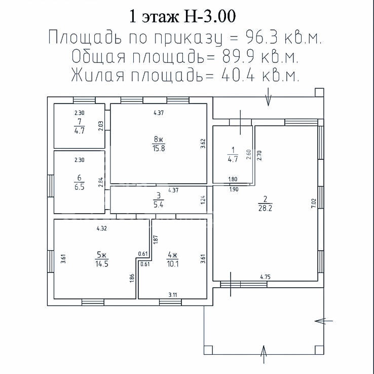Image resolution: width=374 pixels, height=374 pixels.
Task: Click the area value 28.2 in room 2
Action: click(x=265, y=208)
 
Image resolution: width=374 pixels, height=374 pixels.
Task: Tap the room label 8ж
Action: click(x=159, y=139)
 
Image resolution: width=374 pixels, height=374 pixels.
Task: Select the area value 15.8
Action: click(x=159, y=148)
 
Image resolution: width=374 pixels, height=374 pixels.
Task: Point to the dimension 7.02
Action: click(x=313, y=203)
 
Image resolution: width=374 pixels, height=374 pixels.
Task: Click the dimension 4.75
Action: click(x=265, y=277)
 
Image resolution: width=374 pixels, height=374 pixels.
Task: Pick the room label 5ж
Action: click(x=102, y=255)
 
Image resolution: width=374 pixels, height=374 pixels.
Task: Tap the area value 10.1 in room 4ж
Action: click(x=173, y=264)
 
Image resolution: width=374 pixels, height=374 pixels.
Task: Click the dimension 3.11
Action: click(x=173, y=295)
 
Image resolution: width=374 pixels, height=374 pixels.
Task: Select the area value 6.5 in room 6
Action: click(x=80, y=187)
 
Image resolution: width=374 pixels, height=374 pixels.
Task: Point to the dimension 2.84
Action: click(x=101, y=182)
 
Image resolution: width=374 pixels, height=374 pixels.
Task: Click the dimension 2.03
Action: click(x=101, y=126)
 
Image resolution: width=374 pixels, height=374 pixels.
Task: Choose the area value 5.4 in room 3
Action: click(x=159, y=205)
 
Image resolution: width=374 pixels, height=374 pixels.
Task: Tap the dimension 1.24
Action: click(x=203, y=200)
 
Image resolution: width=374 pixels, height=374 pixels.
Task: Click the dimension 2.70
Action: click(x=259, y=155)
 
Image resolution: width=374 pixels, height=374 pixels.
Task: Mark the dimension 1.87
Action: click(x=156, y=240)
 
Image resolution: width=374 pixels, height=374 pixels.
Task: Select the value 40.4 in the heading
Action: click(x=238, y=76)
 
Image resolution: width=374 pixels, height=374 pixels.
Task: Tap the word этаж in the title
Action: click(x=160, y=17)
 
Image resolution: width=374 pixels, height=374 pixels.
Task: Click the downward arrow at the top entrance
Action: click(x=268, y=97)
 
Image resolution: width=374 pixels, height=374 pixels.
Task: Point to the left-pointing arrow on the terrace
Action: click(x=324, y=321)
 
